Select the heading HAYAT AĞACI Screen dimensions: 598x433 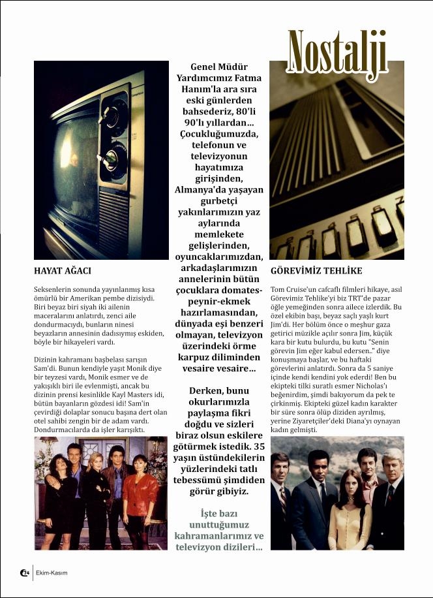click(62, 270)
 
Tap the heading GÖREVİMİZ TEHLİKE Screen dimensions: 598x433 click(316, 270)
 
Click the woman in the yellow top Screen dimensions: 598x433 click(344, 509)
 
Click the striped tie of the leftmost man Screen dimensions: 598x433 click(284, 501)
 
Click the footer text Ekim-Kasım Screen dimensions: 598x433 click(52, 573)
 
